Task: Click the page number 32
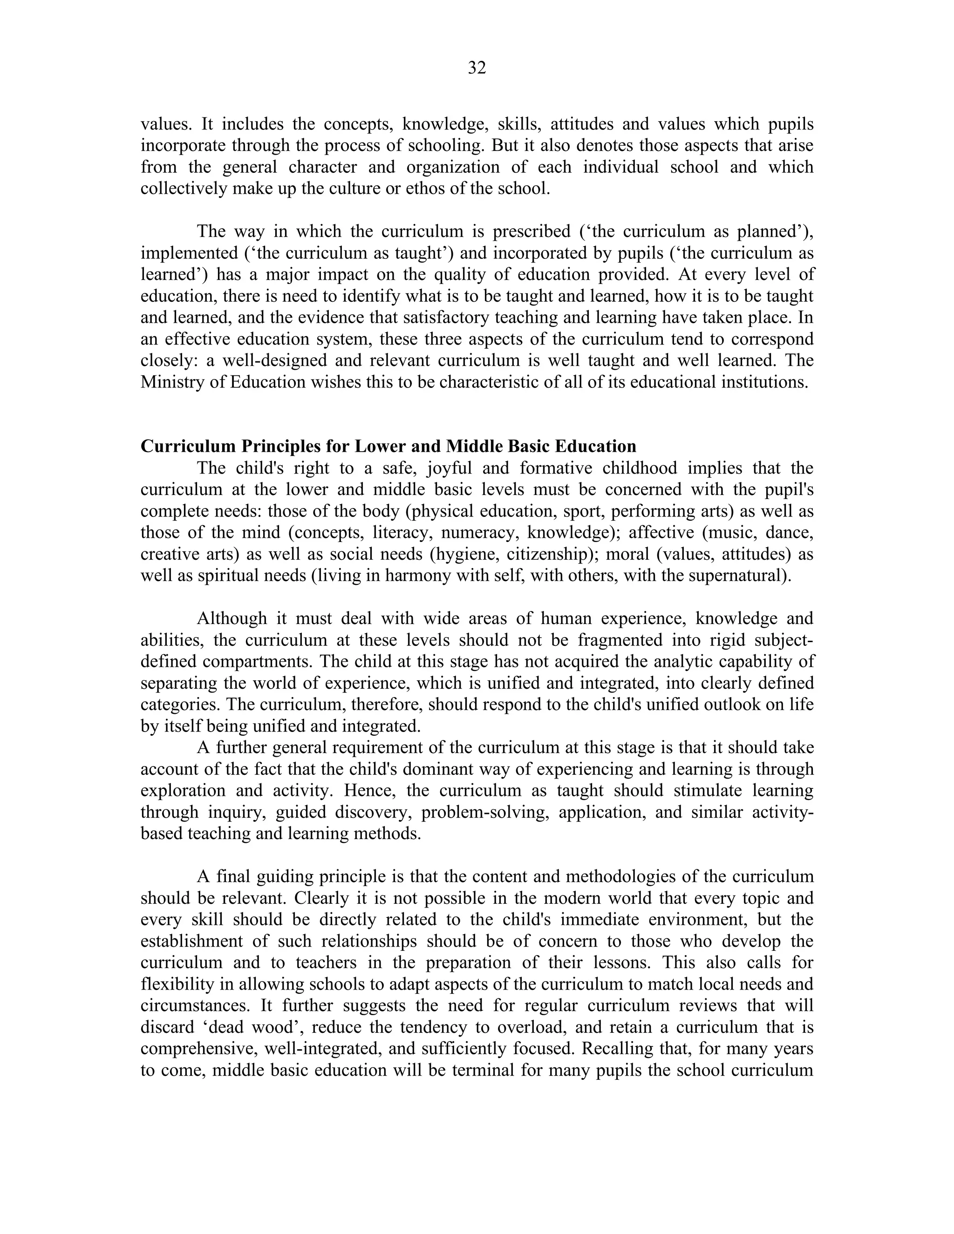pos(477,68)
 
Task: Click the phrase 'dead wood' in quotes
pos(252,1027)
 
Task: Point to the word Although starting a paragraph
pos(232,619)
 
